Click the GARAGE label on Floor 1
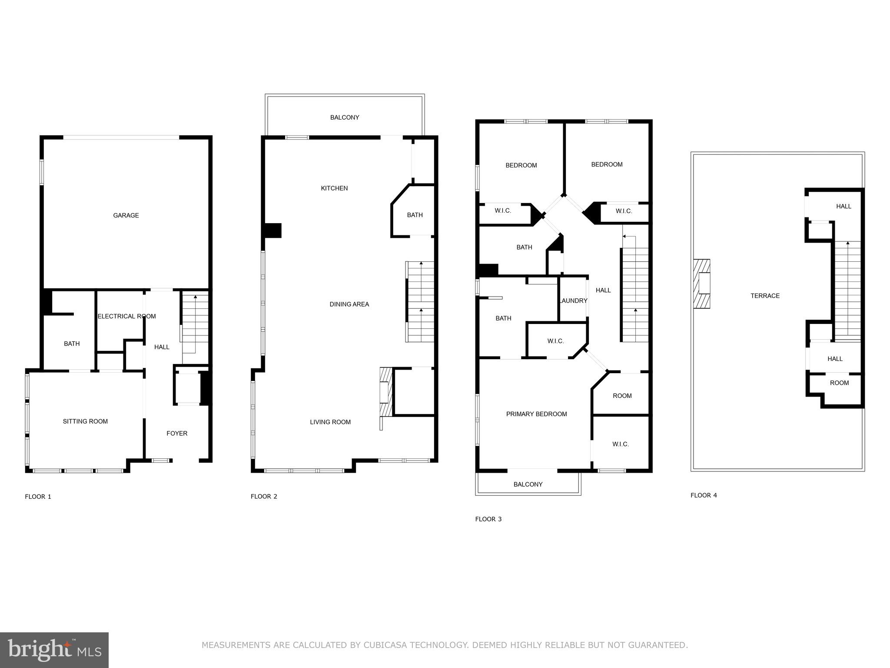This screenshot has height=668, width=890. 126,215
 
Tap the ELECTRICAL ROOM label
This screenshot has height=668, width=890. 126,316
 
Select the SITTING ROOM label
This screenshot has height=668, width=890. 85,421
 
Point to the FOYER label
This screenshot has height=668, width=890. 177,433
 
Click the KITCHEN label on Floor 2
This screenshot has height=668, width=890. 334,188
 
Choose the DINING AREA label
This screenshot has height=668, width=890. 349,304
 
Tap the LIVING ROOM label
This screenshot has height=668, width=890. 330,422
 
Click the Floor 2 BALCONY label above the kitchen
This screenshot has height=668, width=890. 345,117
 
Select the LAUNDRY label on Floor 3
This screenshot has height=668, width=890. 573,301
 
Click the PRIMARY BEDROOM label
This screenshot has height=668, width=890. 536,414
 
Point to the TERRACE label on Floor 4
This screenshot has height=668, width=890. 765,296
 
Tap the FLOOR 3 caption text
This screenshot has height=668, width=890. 488,519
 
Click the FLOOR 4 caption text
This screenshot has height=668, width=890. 704,495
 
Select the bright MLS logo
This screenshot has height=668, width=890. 54,650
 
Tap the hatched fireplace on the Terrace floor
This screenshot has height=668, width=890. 701,284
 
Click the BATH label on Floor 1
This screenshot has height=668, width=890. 72,344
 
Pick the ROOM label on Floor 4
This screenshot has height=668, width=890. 839,383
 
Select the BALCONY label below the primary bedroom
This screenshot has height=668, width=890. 528,484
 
